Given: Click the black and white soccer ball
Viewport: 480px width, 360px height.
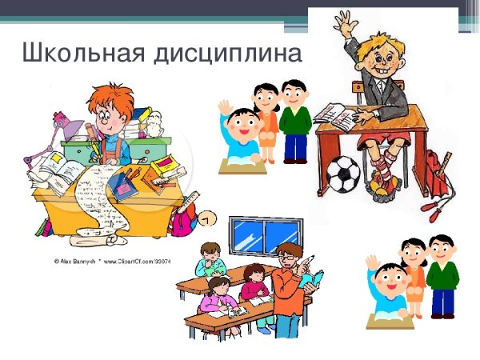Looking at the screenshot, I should coord(343,173).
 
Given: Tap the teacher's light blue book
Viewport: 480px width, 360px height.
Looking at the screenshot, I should coord(314,278).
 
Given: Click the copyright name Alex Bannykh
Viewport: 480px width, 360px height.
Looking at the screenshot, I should coord(76,260).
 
